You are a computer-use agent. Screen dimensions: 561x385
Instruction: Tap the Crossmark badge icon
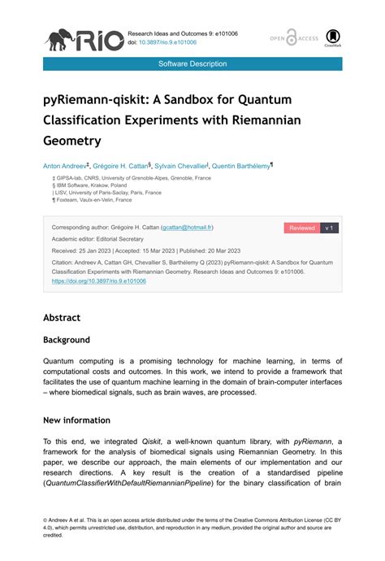[x=333, y=38]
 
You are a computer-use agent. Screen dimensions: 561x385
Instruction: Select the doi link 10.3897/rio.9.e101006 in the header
[x=169, y=42]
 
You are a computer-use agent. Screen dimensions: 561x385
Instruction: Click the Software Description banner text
[x=192, y=63]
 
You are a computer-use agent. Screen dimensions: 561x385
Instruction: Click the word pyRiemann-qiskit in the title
[x=95, y=99]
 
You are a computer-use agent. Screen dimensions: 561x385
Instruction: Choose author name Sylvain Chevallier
[x=178, y=165]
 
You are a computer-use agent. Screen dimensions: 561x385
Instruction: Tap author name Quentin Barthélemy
[x=240, y=165]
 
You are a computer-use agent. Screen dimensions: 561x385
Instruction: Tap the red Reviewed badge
[x=301, y=228]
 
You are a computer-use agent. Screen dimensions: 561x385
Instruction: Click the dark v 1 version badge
[x=330, y=228]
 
